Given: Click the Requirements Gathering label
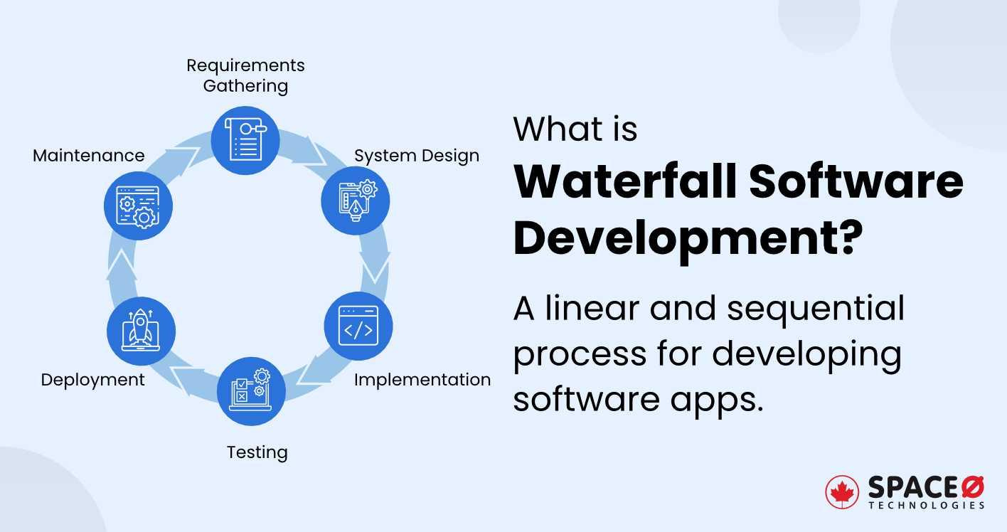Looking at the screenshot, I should point(245,75).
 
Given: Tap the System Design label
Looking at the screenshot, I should point(417,156).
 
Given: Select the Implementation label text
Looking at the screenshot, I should point(422,380).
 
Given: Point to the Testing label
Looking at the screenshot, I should point(257,452).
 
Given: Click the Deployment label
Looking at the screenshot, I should point(92,380).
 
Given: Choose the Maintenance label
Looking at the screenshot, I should point(89,155).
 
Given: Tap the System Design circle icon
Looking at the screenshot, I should point(355,201).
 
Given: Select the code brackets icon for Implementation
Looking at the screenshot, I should point(358,326).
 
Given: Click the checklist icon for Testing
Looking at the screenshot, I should point(251,391).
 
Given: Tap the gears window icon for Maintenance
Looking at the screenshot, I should point(139,206).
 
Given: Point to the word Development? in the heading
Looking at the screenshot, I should point(683,240).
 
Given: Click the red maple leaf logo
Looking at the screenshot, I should point(842,492).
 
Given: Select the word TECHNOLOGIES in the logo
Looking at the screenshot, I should point(926,505).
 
